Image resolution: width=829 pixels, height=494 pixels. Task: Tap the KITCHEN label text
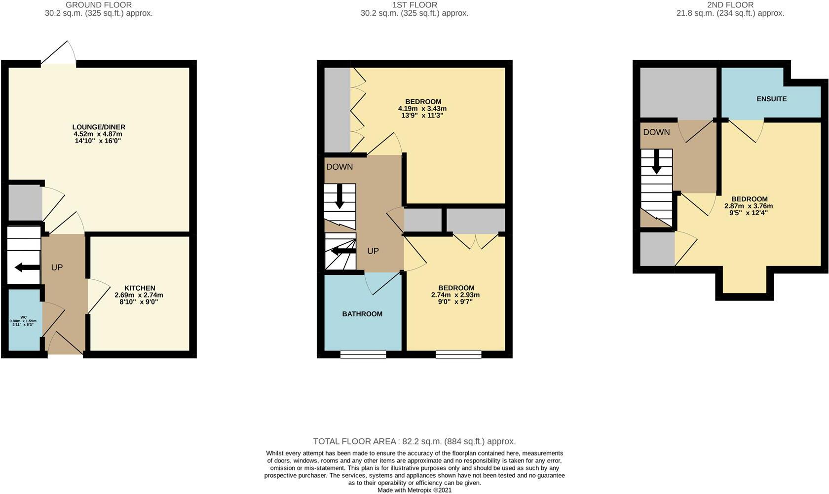pos(140,288)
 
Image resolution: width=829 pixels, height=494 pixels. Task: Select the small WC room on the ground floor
pos(24,320)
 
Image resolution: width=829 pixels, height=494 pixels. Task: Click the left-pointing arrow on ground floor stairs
pos(28,267)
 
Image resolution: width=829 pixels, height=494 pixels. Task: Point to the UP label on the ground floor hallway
pos(57,267)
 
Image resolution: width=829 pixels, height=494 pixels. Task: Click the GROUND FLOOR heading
pos(99,5)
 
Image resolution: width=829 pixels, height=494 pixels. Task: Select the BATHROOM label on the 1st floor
pos(362,314)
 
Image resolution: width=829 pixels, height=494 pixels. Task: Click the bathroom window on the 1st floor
pos(363,354)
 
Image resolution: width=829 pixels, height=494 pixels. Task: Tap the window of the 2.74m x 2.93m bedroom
pos(458,354)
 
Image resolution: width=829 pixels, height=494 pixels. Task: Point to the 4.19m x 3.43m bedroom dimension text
pos(422,109)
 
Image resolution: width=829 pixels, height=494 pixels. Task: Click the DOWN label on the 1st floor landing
pos(339,167)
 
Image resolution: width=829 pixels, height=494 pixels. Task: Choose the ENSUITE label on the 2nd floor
pos(772,99)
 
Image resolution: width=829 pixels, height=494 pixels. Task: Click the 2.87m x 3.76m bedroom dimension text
pos(749,206)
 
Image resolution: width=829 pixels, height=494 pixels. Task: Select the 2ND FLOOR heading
pos(730,5)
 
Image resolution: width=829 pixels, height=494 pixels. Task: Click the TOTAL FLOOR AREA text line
pos(414,441)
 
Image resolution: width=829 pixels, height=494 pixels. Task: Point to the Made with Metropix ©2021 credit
pos(414,490)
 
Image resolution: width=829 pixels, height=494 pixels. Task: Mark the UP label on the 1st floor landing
pos(373,251)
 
